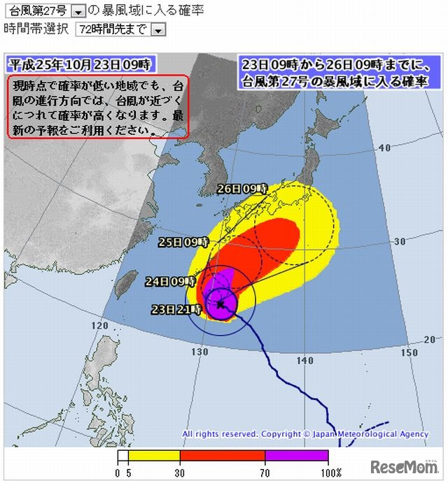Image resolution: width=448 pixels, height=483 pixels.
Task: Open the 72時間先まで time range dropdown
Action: pos(157,29)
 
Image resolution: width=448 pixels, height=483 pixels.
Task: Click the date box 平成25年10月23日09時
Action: pos(80,64)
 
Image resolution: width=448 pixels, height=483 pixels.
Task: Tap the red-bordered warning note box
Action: pos(99,107)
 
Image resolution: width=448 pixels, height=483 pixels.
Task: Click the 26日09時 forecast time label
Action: pos(242,189)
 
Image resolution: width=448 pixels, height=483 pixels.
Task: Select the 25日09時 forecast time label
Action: pos(183,242)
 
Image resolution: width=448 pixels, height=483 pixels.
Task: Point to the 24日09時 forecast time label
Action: pos(169,281)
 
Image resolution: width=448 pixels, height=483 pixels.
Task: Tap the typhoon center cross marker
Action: pos(220,304)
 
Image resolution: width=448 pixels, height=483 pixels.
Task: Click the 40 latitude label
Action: pos(384,147)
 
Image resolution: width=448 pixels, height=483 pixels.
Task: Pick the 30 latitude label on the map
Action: pos(400,241)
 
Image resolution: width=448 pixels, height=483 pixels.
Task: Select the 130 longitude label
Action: pos(200,351)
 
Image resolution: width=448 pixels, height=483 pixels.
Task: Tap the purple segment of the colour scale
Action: pos(295,456)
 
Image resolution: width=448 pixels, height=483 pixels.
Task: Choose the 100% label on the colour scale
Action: pos(332,473)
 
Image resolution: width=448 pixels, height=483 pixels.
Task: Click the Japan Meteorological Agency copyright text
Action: pos(305,434)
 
